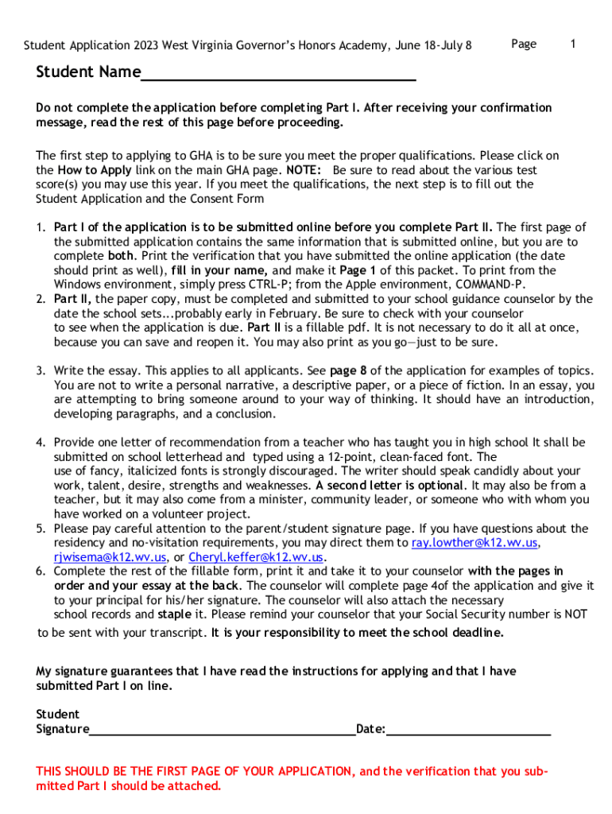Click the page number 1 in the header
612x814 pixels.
coord(572,45)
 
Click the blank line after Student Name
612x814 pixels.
coord(278,76)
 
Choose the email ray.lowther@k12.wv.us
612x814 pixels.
coord(474,543)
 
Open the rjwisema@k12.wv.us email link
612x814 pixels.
coord(109,557)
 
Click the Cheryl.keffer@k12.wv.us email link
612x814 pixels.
coord(256,557)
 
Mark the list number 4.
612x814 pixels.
coord(40,443)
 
